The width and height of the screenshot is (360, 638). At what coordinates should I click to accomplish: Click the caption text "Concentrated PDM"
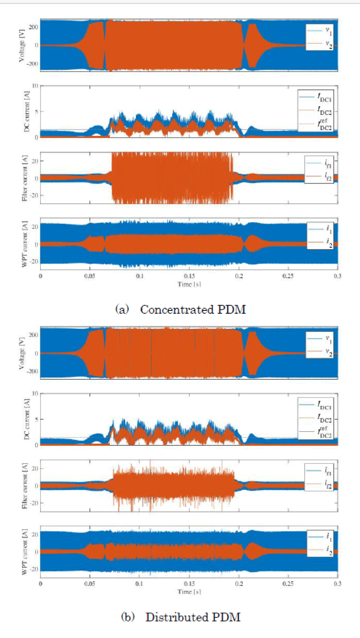coord(193,310)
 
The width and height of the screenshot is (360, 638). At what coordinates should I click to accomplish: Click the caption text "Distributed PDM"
coord(193,617)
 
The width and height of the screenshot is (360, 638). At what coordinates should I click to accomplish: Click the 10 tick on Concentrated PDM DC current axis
coord(34,86)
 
